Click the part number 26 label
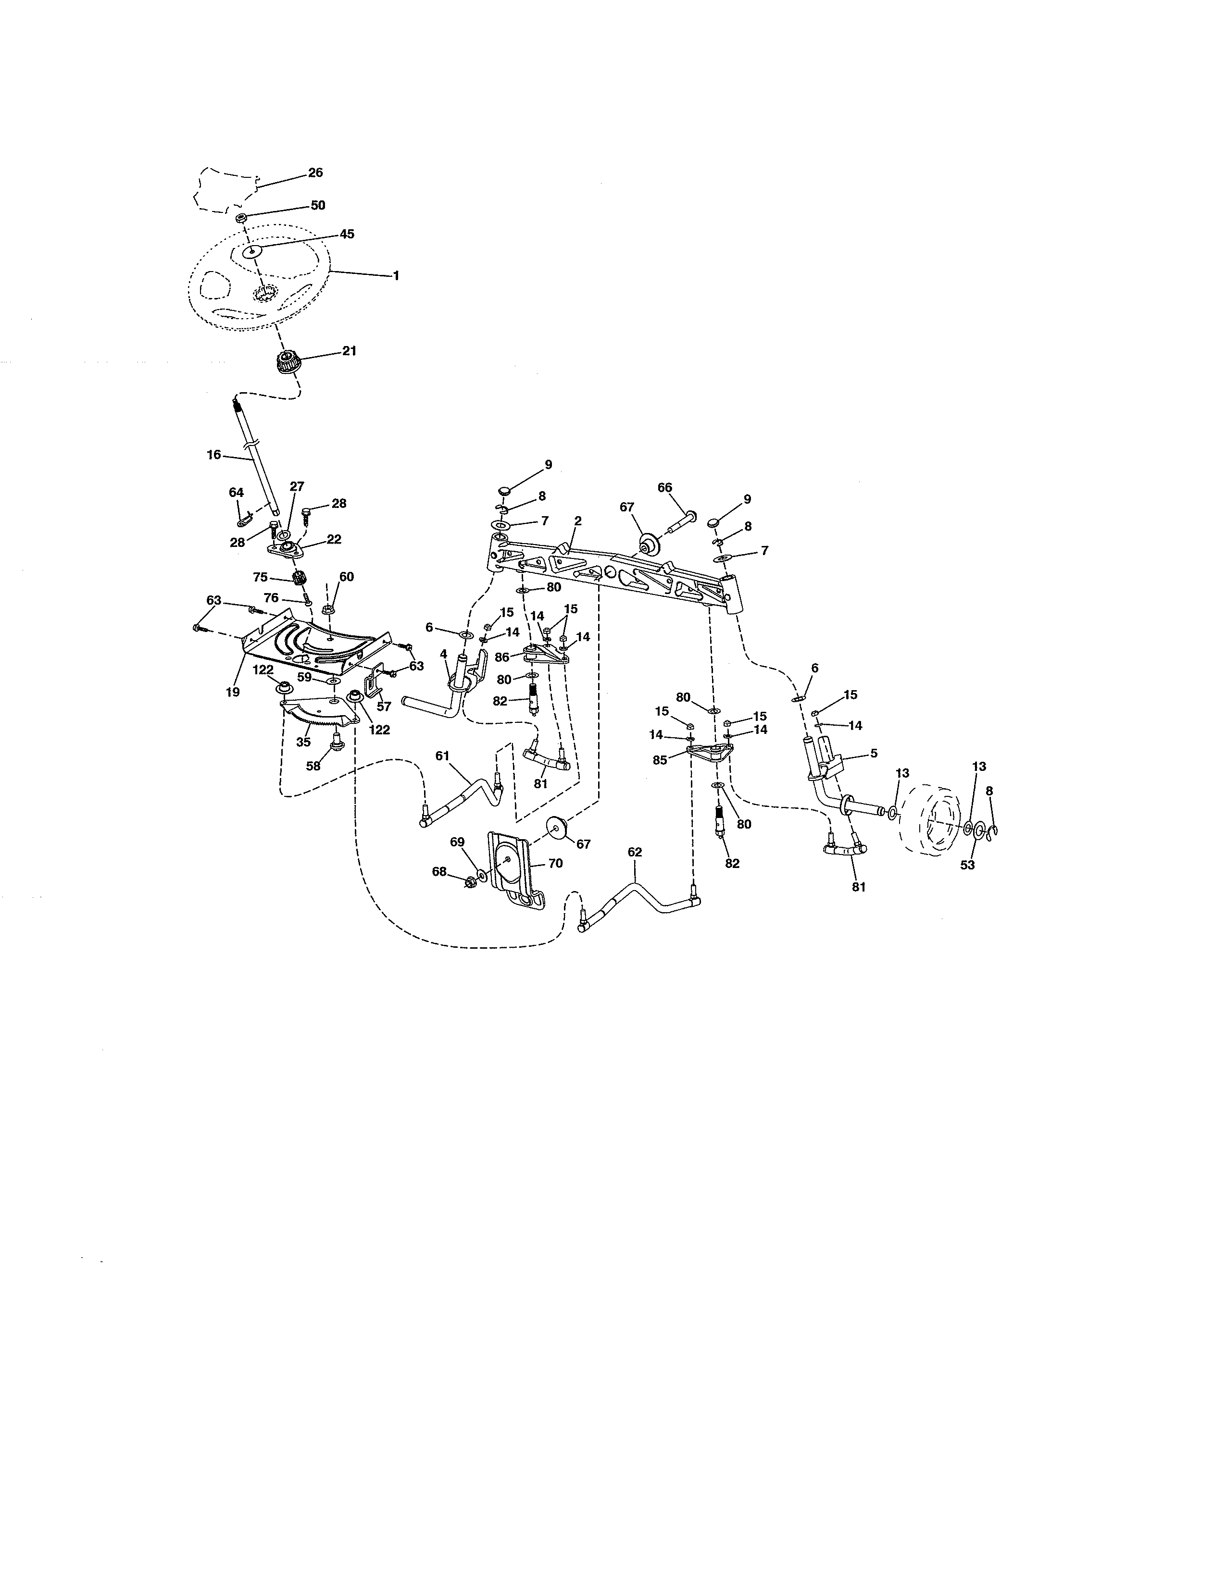(x=315, y=173)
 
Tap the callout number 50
(x=318, y=206)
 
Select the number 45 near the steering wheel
(x=347, y=234)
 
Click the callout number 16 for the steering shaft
(x=213, y=455)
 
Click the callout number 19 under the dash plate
(x=232, y=693)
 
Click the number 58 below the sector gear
(x=313, y=766)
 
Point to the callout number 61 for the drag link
(x=442, y=756)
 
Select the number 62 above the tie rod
(x=635, y=852)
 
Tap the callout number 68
(x=439, y=871)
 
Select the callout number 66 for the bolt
(x=664, y=488)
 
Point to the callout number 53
(x=967, y=865)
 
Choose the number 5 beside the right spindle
(x=874, y=754)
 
